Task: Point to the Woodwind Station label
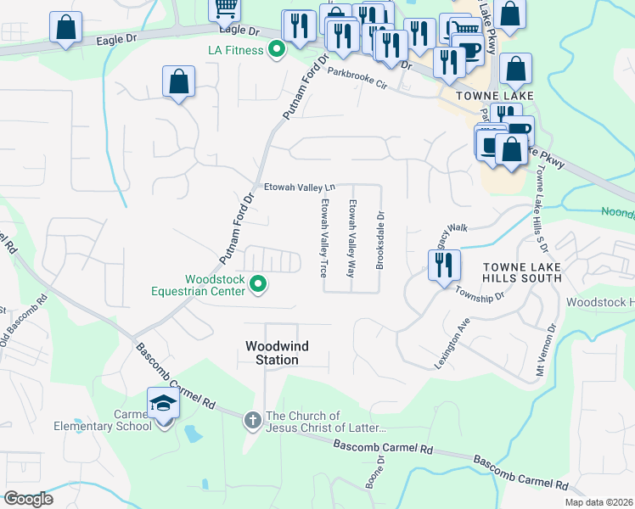[x=272, y=353]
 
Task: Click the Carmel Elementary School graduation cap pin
[x=162, y=405]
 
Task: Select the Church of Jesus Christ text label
[x=327, y=422]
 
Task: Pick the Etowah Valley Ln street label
[x=300, y=187]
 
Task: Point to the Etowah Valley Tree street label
[x=323, y=238]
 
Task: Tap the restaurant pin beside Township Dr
[x=444, y=266]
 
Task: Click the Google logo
[x=28, y=499]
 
